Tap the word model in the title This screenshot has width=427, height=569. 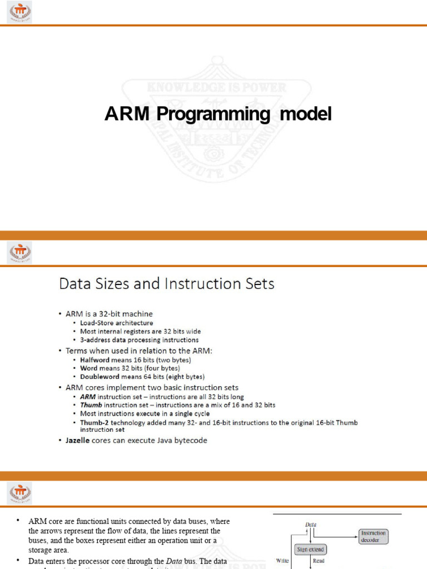click(x=305, y=114)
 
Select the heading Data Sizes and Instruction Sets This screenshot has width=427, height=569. click(x=167, y=284)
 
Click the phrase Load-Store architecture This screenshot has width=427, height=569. click(x=117, y=323)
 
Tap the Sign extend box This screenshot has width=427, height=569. click(x=310, y=550)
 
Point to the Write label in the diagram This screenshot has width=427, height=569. click(x=282, y=561)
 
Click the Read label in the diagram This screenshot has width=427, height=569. click(x=319, y=561)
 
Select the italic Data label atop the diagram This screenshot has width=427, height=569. click(x=311, y=524)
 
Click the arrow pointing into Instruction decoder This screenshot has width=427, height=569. click(x=354, y=536)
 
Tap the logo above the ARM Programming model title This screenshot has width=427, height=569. click(x=19, y=12)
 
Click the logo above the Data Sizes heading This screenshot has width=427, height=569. click(x=19, y=253)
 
